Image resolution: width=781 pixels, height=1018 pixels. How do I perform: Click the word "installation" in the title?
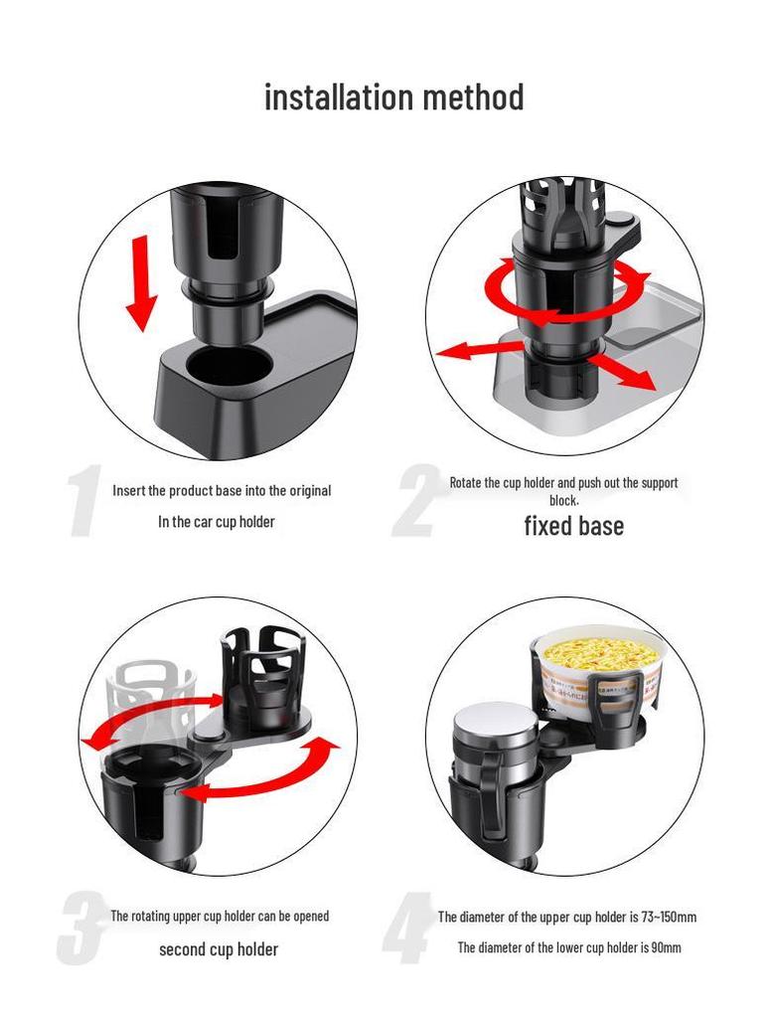pos(338,97)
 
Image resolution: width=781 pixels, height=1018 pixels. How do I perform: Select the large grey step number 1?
pos(87,503)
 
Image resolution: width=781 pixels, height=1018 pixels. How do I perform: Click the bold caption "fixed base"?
pos(573,525)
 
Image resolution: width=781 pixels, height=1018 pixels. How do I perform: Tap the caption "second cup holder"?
pos(219,948)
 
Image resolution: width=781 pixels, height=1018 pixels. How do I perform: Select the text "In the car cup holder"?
pos(217,521)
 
